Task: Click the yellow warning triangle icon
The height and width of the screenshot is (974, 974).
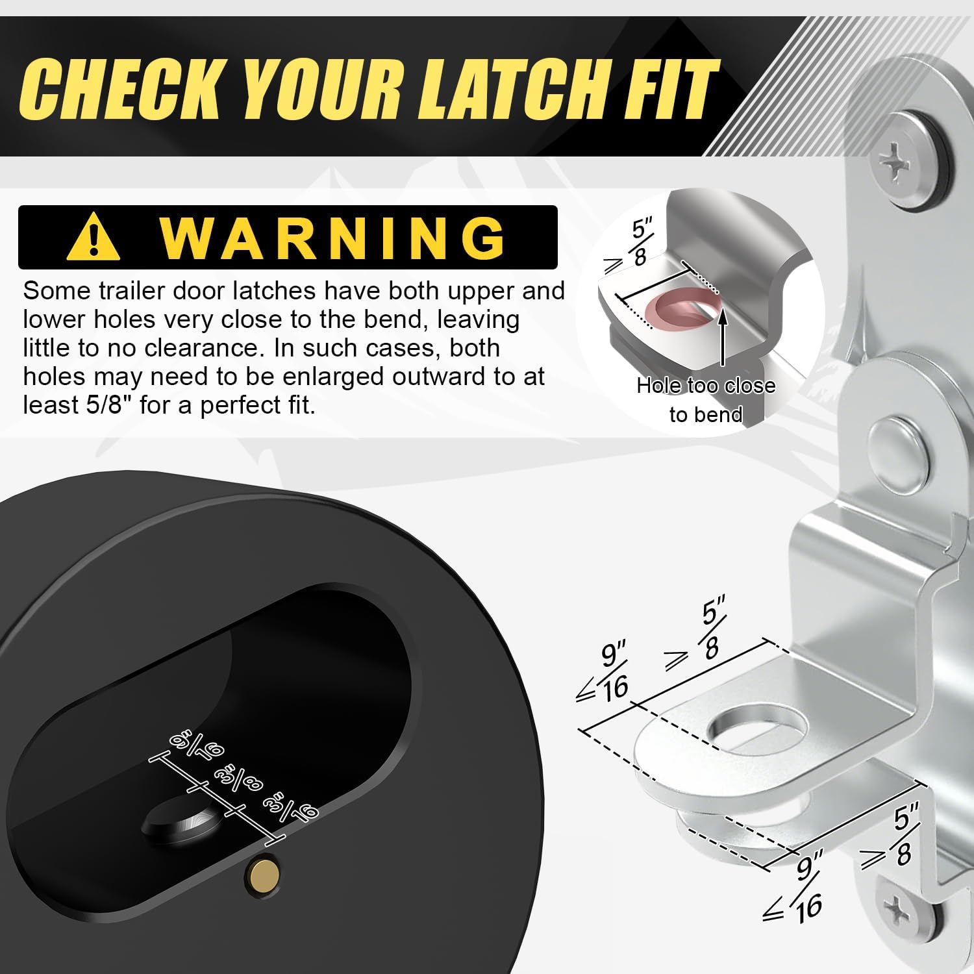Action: pos(94,237)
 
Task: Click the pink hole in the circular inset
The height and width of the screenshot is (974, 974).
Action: pos(688,308)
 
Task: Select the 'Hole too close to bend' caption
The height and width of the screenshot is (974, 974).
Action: pos(706,400)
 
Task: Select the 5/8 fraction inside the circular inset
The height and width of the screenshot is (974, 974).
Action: pos(640,243)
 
